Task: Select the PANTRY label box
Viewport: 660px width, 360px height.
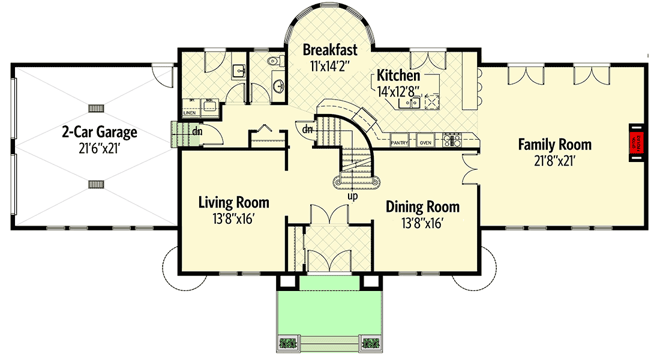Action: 400,143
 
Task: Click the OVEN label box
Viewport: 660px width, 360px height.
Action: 425,143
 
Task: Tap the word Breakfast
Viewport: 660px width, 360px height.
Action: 330,49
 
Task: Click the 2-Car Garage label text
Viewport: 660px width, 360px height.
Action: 100,132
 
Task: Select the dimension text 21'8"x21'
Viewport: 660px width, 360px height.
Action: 554,160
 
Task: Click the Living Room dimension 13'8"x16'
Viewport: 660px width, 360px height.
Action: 233,219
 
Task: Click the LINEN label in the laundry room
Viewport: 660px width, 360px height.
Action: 190,112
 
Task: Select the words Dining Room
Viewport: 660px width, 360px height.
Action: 422,208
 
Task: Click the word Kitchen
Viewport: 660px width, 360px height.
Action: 398,76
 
